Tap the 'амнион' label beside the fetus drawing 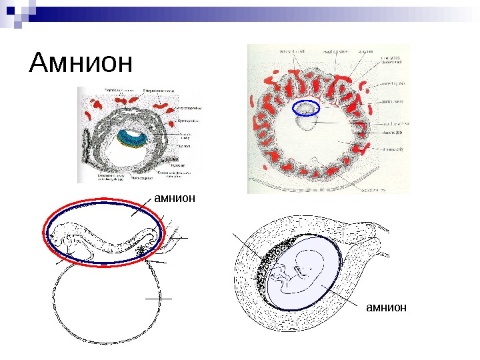tap(386, 307)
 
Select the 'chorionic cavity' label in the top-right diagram tap(394, 151)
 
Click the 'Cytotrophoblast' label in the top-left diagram tap(186, 121)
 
